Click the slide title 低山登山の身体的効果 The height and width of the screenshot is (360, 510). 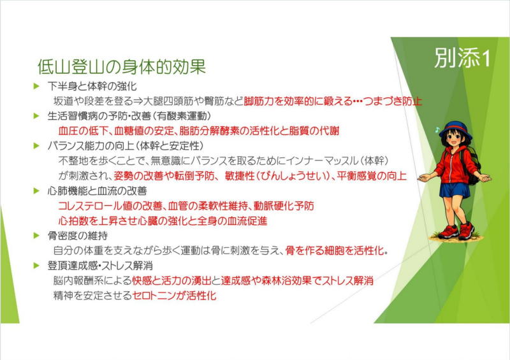[x=122, y=67]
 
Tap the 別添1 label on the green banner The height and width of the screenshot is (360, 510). [x=463, y=58]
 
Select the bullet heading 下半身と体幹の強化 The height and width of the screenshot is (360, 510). [x=92, y=86]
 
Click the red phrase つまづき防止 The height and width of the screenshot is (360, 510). [x=392, y=101]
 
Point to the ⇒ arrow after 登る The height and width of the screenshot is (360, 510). [x=138, y=101]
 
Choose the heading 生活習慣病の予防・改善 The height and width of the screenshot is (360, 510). [x=99, y=116]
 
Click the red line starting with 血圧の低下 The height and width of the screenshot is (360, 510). [x=199, y=131]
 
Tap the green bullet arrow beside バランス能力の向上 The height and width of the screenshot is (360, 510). [x=36, y=146]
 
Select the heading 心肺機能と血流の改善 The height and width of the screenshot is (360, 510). [x=97, y=191]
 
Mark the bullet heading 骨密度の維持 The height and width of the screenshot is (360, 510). [x=77, y=236]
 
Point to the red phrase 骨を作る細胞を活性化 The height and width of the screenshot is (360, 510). [x=334, y=251]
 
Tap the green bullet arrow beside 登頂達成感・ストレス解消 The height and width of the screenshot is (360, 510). [x=36, y=266]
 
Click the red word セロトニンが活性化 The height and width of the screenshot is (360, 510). [x=174, y=296]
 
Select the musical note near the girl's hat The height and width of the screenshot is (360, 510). [x=437, y=130]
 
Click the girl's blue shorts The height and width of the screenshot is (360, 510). [x=455, y=190]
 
